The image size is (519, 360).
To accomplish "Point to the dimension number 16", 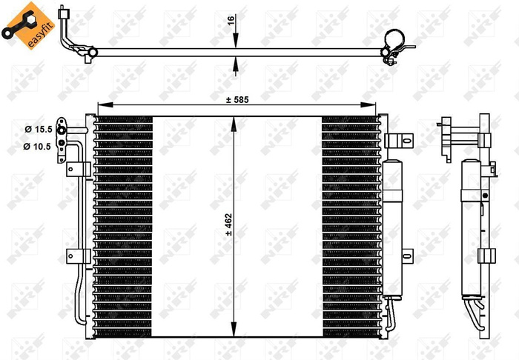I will click(231, 24).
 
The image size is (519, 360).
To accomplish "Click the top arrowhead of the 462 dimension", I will click(235, 119).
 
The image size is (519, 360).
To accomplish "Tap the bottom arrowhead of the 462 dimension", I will click(235, 333).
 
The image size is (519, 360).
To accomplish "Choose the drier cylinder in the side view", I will click(470, 222).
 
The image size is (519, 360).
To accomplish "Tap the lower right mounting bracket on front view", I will click(405, 256).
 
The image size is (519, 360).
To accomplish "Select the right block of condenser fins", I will click(350, 226).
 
